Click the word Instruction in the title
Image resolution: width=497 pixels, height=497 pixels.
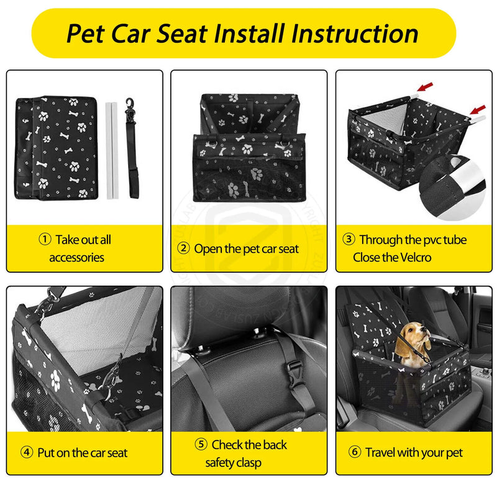pos(355,34)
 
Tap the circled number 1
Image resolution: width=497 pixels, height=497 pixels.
pos(45,239)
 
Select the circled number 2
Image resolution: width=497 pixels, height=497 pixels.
pos(183,248)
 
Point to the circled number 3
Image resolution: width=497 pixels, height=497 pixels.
pos(349,239)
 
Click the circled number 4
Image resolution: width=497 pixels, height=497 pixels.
pos(27,452)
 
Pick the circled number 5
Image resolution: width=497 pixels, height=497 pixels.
pos(201,444)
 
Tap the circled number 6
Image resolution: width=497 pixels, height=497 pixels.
pos(355,452)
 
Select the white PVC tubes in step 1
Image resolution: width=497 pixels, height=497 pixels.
pos(112,150)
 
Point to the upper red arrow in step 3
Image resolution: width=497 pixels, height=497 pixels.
pos(425,86)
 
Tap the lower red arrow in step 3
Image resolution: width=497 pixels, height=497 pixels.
pos(478,110)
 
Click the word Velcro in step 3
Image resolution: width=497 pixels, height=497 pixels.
pos(413,257)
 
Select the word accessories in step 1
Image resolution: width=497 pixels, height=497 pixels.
pos(76,258)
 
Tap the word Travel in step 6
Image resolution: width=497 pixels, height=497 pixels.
pos(380,452)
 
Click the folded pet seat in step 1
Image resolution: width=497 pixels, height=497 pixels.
pos(56,148)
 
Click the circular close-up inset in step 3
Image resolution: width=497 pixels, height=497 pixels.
pos(452,187)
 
